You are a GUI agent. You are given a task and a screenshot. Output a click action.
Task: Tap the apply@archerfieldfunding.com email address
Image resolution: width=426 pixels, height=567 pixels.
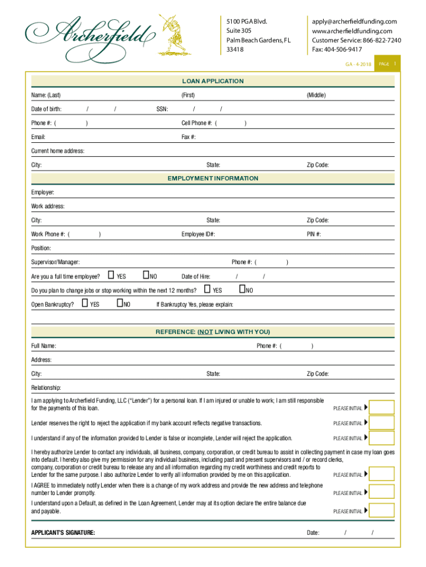point(354,22)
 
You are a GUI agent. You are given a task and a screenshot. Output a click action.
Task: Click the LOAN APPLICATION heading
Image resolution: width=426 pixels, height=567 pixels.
point(212,81)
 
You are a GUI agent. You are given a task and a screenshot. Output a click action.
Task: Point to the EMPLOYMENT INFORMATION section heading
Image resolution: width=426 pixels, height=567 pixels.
point(212,178)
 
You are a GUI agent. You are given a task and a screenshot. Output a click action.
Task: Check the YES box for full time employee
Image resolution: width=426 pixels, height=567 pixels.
point(111,275)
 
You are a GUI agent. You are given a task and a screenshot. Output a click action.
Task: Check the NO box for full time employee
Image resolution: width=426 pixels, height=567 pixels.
point(146,275)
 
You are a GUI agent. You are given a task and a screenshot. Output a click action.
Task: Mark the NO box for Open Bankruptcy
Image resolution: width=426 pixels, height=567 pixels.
point(120,303)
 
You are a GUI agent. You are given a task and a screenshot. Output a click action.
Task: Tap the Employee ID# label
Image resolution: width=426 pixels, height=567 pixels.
point(198,234)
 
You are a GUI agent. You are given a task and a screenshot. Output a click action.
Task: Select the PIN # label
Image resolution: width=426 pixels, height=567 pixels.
point(314,234)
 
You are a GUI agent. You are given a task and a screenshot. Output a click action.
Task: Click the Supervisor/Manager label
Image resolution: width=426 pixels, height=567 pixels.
point(55,262)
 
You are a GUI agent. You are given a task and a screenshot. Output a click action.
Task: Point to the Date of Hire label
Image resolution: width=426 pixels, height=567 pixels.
point(196,276)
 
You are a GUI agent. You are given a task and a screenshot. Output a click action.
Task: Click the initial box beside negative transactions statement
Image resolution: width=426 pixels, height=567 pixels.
point(383,423)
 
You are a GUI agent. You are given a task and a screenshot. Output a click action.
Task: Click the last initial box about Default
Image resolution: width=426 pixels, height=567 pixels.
point(383,511)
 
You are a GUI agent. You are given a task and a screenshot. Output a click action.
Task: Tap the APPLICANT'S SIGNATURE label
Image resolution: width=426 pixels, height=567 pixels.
point(63,533)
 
